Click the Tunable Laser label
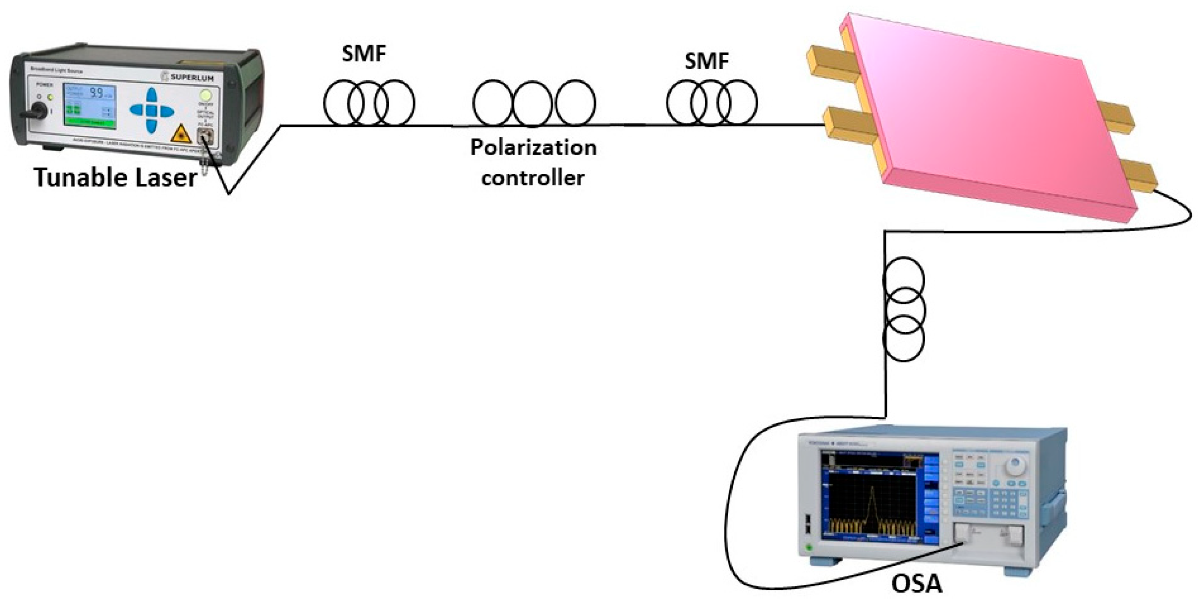(x=115, y=178)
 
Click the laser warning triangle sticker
(x=181, y=134)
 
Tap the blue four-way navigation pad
(x=152, y=110)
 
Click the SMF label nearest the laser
(x=364, y=54)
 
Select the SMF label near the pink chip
(x=706, y=61)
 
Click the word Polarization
(x=533, y=148)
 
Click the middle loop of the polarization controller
(x=532, y=104)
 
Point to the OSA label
(x=916, y=584)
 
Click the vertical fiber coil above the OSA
(x=904, y=309)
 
